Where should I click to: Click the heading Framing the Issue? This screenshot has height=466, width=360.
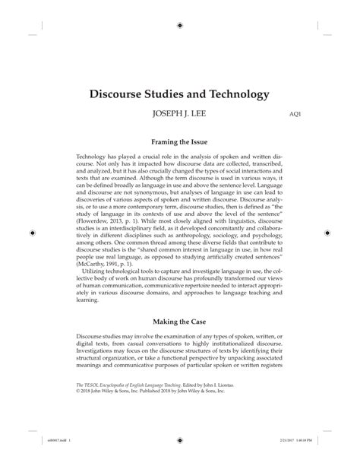click(179, 142)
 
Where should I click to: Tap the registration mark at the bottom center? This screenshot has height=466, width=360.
click(180, 460)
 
